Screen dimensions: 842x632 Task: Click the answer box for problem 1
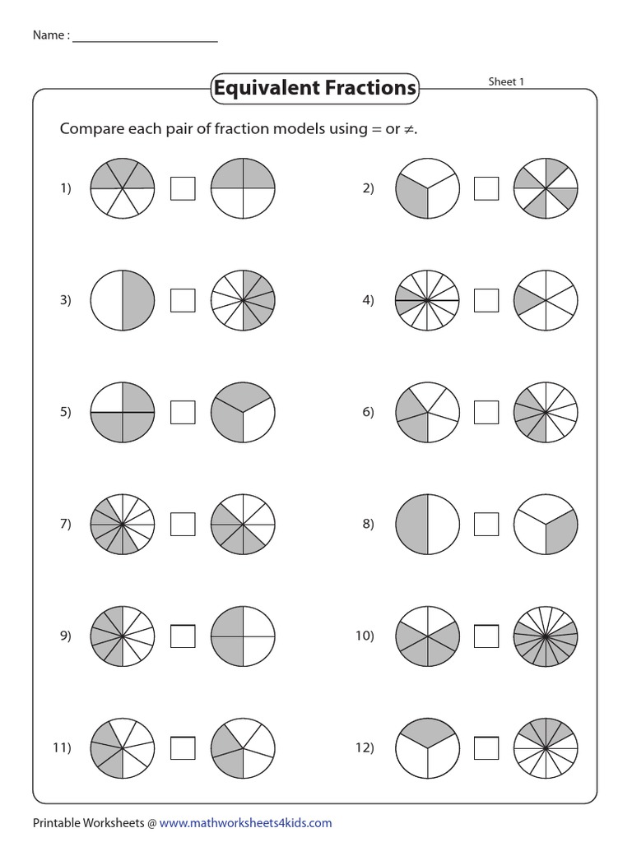(183, 188)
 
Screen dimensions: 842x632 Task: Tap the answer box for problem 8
(486, 524)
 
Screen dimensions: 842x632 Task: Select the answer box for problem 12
(486, 747)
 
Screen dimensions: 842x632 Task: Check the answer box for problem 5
(183, 412)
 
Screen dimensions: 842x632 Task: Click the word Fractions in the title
(369, 88)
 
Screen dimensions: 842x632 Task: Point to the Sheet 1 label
(506, 81)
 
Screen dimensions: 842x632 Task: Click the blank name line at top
(145, 36)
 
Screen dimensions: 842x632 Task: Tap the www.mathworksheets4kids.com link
(245, 822)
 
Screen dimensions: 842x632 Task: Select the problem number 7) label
(65, 524)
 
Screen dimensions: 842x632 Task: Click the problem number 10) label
(365, 636)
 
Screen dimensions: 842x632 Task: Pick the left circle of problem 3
(122, 300)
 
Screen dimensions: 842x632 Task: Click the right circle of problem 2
(546, 188)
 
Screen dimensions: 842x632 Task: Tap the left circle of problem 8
(426, 524)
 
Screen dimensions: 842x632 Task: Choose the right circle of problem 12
(546, 747)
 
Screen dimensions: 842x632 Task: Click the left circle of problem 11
(122, 747)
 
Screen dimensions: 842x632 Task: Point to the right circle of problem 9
(243, 636)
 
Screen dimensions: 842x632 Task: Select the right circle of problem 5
(243, 412)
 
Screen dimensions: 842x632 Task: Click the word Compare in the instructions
(91, 130)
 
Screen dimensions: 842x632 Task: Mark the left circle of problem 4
(426, 300)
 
